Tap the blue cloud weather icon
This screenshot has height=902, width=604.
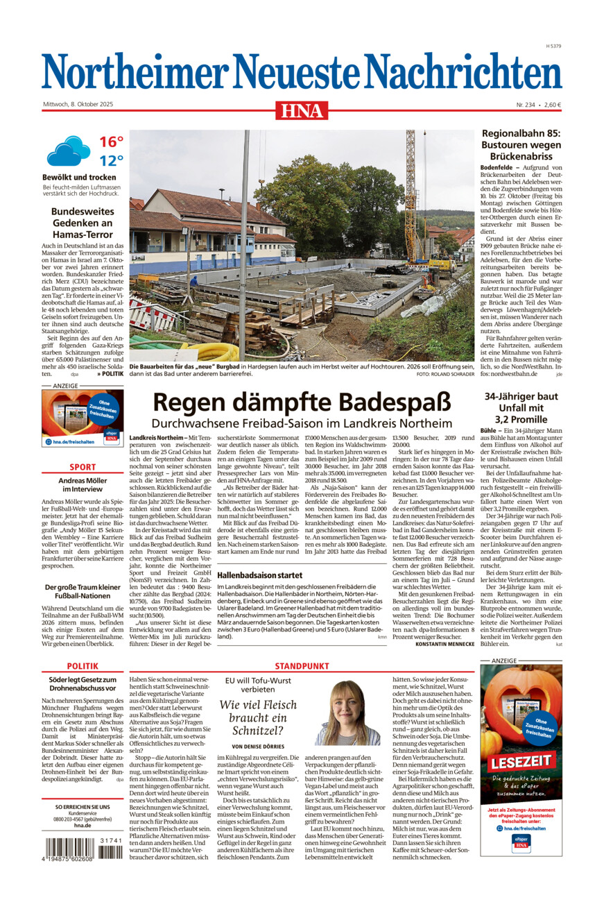(x=68, y=151)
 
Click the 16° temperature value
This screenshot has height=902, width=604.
(x=111, y=142)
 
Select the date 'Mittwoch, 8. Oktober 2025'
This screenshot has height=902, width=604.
(x=78, y=104)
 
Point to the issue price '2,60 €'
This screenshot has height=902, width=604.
(x=552, y=105)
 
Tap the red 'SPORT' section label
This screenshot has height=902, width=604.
(x=83, y=467)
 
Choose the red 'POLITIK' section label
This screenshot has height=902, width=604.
(x=83, y=665)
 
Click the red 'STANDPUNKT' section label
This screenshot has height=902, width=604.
(x=302, y=665)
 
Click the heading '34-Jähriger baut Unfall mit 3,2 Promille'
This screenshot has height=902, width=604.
(x=521, y=407)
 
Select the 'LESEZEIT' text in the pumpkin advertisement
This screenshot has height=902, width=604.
(x=521, y=760)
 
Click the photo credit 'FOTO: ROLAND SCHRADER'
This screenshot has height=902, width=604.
(x=445, y=374)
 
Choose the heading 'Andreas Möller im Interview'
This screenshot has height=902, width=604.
(x=83, y=485)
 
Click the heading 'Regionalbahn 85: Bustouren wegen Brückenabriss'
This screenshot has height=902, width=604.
(x=521, y=145)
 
